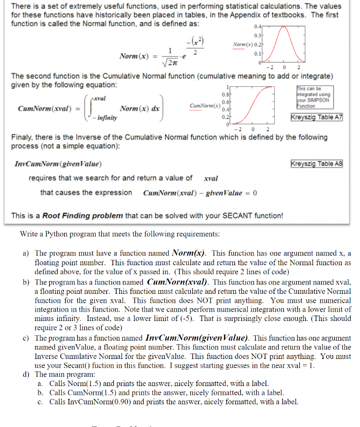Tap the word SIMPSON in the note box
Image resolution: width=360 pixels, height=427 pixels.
tap(319, 101)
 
